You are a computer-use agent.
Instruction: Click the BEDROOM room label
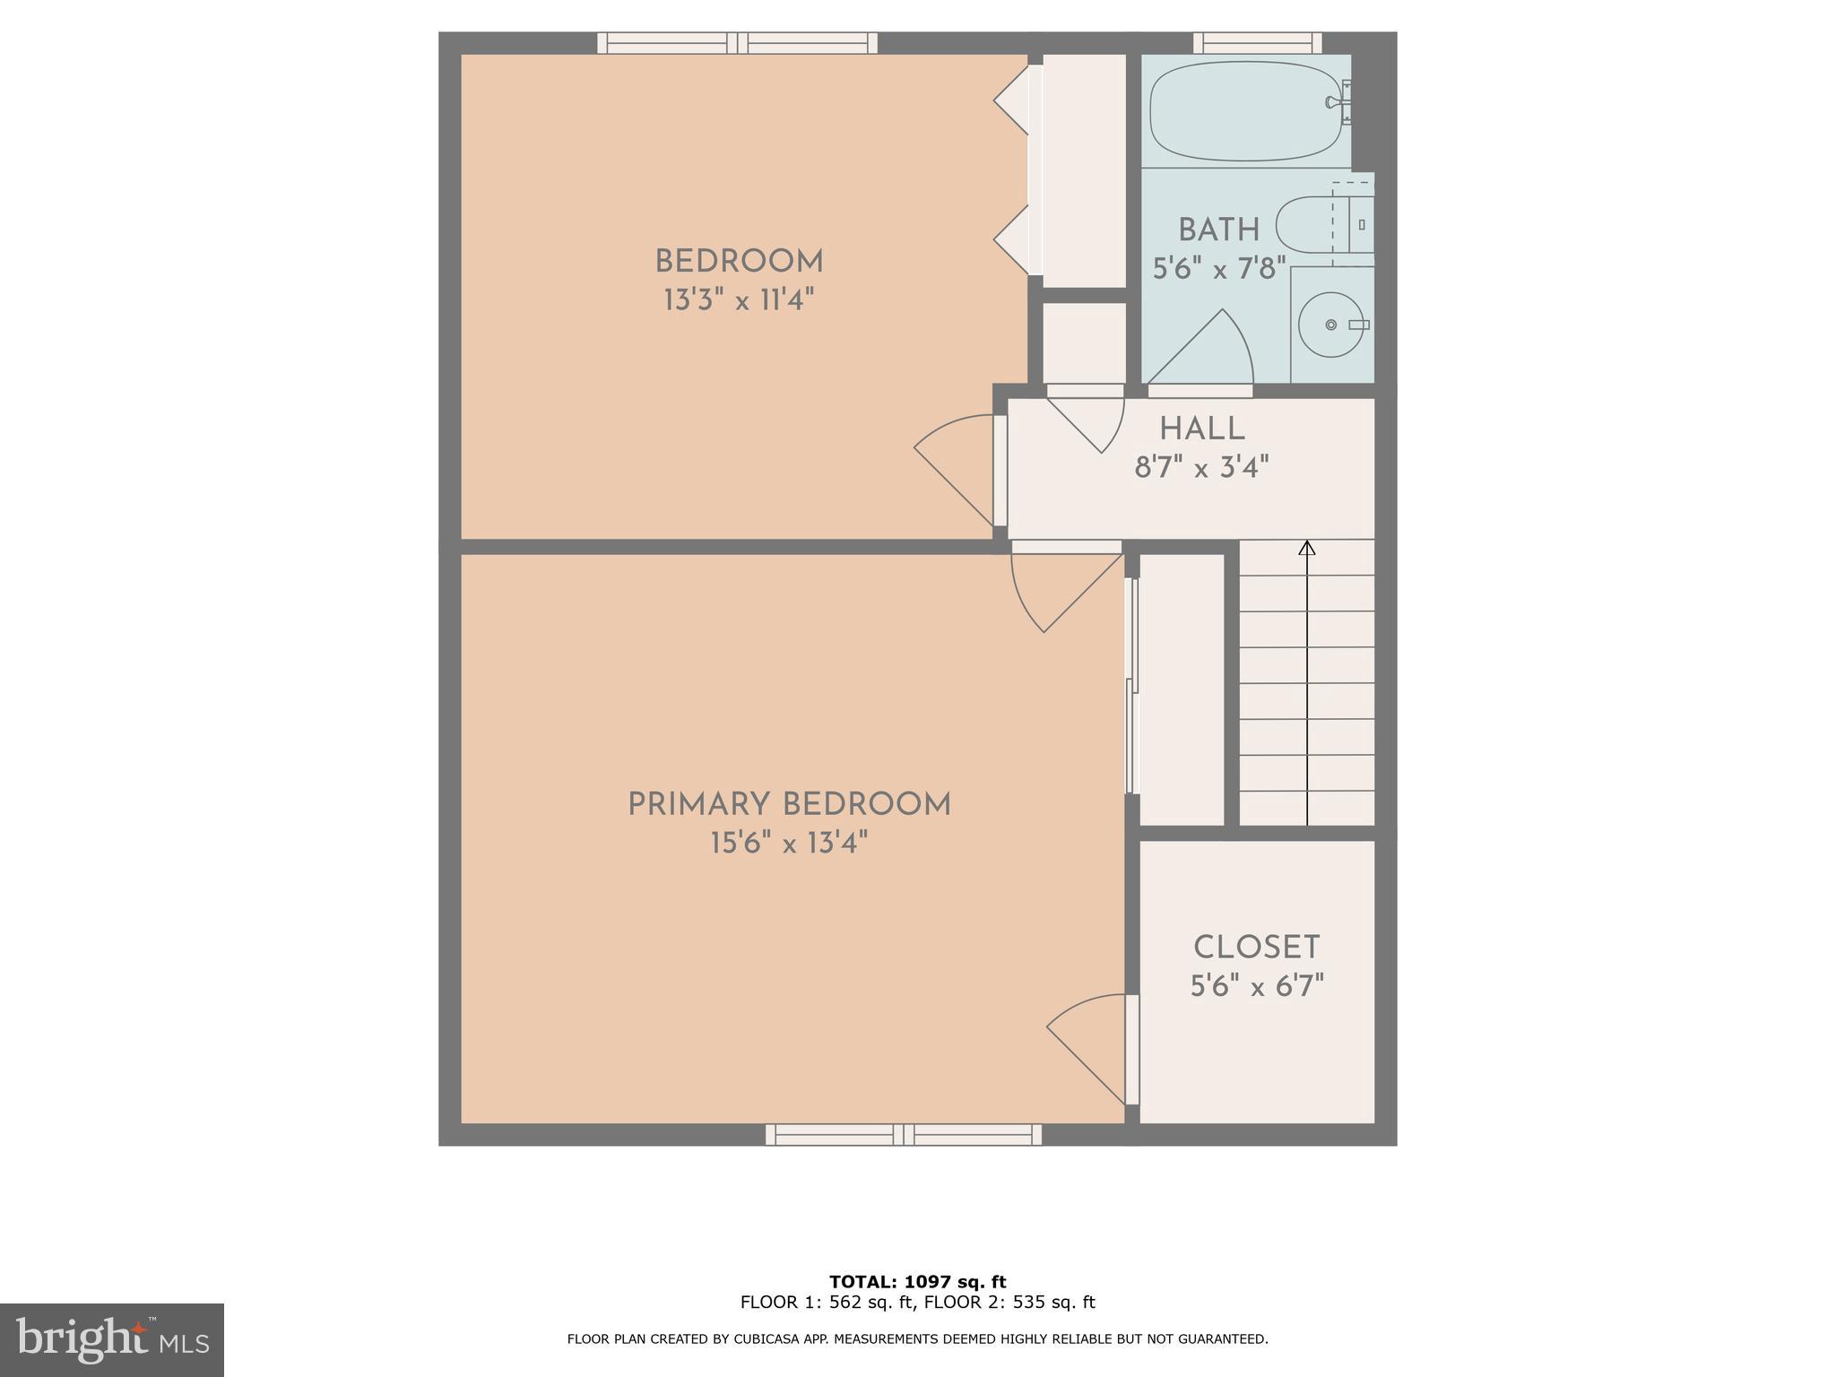739,262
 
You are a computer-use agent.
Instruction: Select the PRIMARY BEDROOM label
789,804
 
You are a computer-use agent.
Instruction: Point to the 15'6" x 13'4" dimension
789,844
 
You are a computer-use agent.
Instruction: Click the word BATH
1218,230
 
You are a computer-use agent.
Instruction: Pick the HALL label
1201,429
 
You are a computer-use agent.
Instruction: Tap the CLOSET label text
1256,948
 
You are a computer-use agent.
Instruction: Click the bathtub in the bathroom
1246,111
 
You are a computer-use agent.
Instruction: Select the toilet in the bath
1318,225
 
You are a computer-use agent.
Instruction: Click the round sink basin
1331,324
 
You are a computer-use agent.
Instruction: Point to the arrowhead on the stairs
1307,547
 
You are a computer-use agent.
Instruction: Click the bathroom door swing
1206,354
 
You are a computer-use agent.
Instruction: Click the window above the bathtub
1258,42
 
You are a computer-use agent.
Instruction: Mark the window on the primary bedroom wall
904,1135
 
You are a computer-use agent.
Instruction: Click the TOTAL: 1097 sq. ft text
917,1282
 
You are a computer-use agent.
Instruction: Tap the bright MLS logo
112,1339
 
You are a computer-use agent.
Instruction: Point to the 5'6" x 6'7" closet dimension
1256,987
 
